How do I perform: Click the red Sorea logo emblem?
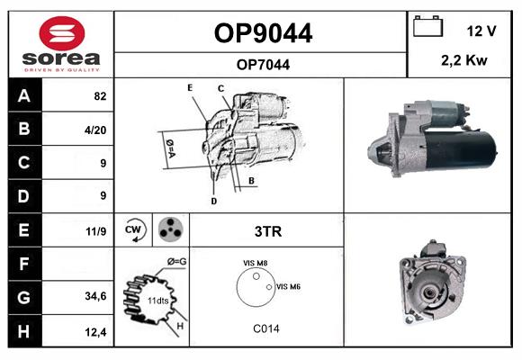[x=62, y=33]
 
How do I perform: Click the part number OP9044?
[x=263, y=33]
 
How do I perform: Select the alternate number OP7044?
[x=263, y=65]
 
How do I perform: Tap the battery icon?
[x=427, y=26]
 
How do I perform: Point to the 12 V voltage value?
[x=481, y=31]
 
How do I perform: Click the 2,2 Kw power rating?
[x=464, y=60]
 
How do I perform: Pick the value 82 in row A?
[x=100, y=96]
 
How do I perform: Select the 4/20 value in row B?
[x=95, y=130]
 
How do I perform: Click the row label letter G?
[x=23, y=297]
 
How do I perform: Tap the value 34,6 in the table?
[x=95, y=296]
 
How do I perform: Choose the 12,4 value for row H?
[x=95, y=332]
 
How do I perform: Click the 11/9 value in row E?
[x=96, y=231]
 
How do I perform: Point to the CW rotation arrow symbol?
[x=134, y=230]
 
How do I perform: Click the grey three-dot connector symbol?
[x=170, y=229]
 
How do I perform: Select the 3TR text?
[x=268, y=231]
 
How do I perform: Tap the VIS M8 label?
[x=256, y=263]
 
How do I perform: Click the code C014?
[x=266, y=328]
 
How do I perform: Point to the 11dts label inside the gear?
[x=158, y=301]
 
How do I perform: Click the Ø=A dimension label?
[x=170, y=148]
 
